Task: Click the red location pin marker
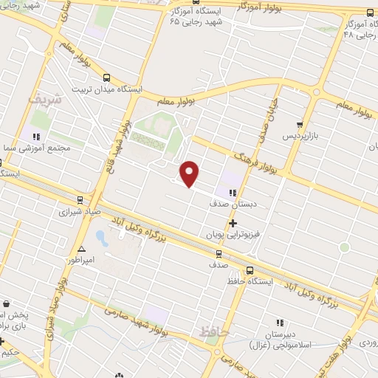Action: click(190, 173)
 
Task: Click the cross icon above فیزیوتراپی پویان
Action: click(233, 222)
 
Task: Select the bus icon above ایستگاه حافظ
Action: click(250, 271)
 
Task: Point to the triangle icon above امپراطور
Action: click(81, 249)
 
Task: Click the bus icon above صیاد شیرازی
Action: click(80, 199)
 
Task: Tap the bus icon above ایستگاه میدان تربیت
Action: click(107, 78)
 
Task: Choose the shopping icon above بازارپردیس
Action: click(299, 126)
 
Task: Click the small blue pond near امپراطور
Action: click(102, 238)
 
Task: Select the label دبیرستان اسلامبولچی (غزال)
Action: click(280, 338)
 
